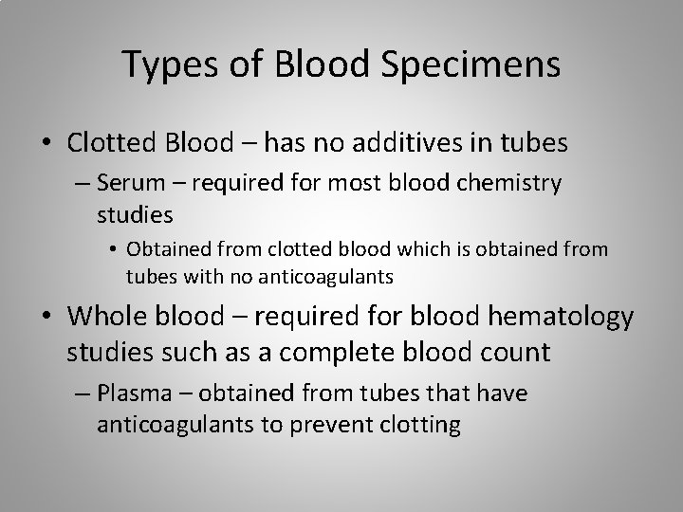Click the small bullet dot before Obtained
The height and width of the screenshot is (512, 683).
point(113,250)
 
